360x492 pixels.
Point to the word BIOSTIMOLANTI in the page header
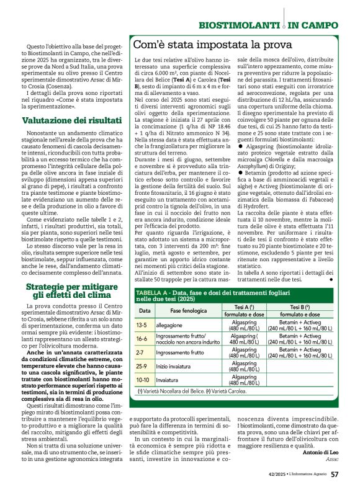[x=239, y=24]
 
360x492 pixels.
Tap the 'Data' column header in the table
[x=144, y=310]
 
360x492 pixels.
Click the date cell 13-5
[x=142, y=324]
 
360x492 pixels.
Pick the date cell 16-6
[x=142, y=339]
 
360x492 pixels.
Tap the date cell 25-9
[x=142, y=366]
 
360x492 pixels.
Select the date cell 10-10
[x=143, y=379]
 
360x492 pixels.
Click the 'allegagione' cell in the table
[x=169, y=324]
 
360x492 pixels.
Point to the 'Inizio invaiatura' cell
[x=174, y=366]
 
